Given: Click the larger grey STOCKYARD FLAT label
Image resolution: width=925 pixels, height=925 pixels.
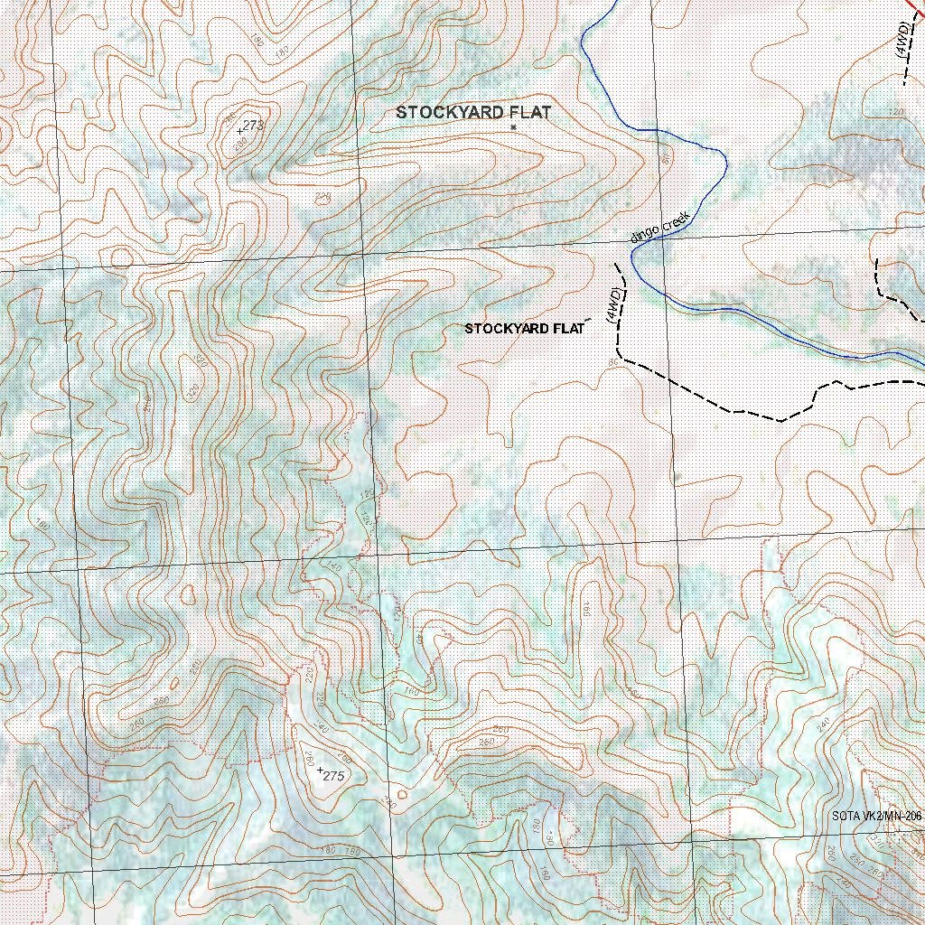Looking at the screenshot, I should (473, 113).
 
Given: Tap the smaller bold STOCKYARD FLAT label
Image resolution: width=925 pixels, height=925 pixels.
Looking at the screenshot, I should (524, 329).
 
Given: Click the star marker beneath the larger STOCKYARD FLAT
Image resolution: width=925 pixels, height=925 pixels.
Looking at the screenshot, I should (513, 127).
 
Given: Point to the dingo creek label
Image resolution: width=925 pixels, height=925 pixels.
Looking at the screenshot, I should (660, 226).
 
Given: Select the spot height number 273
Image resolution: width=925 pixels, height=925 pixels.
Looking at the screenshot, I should (253, 126).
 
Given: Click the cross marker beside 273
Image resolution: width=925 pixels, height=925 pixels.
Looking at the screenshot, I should (239, 131).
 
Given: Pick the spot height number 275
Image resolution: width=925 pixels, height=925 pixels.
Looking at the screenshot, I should (334, 776).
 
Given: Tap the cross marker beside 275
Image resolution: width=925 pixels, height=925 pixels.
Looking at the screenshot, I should (320, 770).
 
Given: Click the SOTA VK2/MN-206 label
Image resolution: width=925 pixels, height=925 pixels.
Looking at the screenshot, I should (876, 817).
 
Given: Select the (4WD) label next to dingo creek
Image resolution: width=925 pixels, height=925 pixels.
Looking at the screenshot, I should (613, 306).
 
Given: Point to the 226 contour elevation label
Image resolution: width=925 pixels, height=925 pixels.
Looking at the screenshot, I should (322, 196).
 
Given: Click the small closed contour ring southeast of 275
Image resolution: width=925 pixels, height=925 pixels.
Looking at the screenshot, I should (402, 794).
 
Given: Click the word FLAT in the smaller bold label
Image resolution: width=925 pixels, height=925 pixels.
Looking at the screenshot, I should (568, 329).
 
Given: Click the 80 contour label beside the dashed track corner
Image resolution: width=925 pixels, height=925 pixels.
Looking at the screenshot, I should (613, 363).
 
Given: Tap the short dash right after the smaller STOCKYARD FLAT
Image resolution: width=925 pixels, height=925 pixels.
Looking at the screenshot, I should (591, 320).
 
